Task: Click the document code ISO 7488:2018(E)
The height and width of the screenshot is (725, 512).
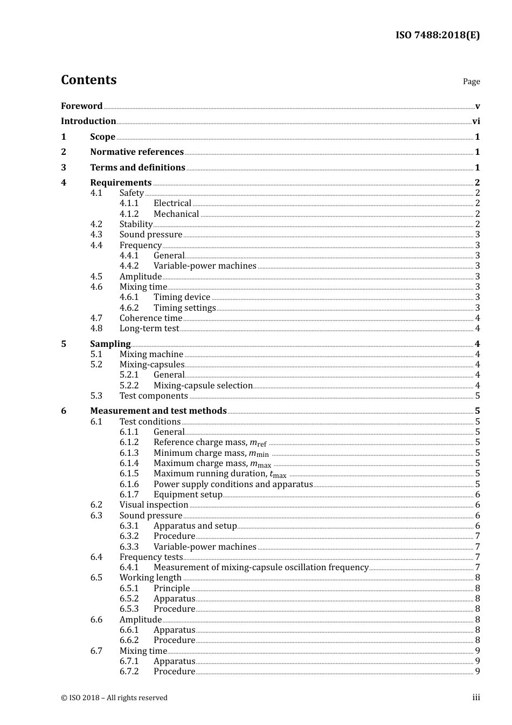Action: (437, 35)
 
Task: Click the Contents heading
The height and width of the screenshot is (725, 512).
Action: (88, 80)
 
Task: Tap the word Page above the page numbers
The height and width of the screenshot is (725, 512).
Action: (471, 81)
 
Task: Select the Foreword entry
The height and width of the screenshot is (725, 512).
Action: (81, 106)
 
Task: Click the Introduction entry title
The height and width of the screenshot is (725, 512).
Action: (88, 121)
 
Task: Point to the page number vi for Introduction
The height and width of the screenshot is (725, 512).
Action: (476, 121)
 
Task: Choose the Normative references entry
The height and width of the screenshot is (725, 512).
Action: (137, 152)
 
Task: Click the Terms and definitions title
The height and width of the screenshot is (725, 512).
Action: (137, 167)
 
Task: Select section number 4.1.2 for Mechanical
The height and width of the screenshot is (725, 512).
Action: (129, 214)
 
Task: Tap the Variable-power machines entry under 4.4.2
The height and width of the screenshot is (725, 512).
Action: (205, 265)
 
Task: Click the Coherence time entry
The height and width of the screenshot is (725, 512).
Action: (151, 318)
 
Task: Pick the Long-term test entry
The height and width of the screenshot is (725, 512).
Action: (149, 328)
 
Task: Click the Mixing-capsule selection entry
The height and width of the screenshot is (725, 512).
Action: (203, 385)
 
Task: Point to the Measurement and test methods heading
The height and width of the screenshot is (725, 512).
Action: (158, 411)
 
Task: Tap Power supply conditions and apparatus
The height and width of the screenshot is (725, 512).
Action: (233, 484)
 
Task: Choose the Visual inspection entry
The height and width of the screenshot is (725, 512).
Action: (154, 504)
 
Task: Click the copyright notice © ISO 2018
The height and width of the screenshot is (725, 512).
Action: (114, 697)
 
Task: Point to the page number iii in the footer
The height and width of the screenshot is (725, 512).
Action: (476, 697)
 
